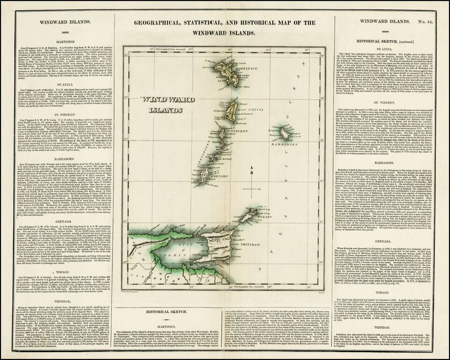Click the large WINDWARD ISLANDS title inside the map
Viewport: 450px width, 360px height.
click(161, 104)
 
